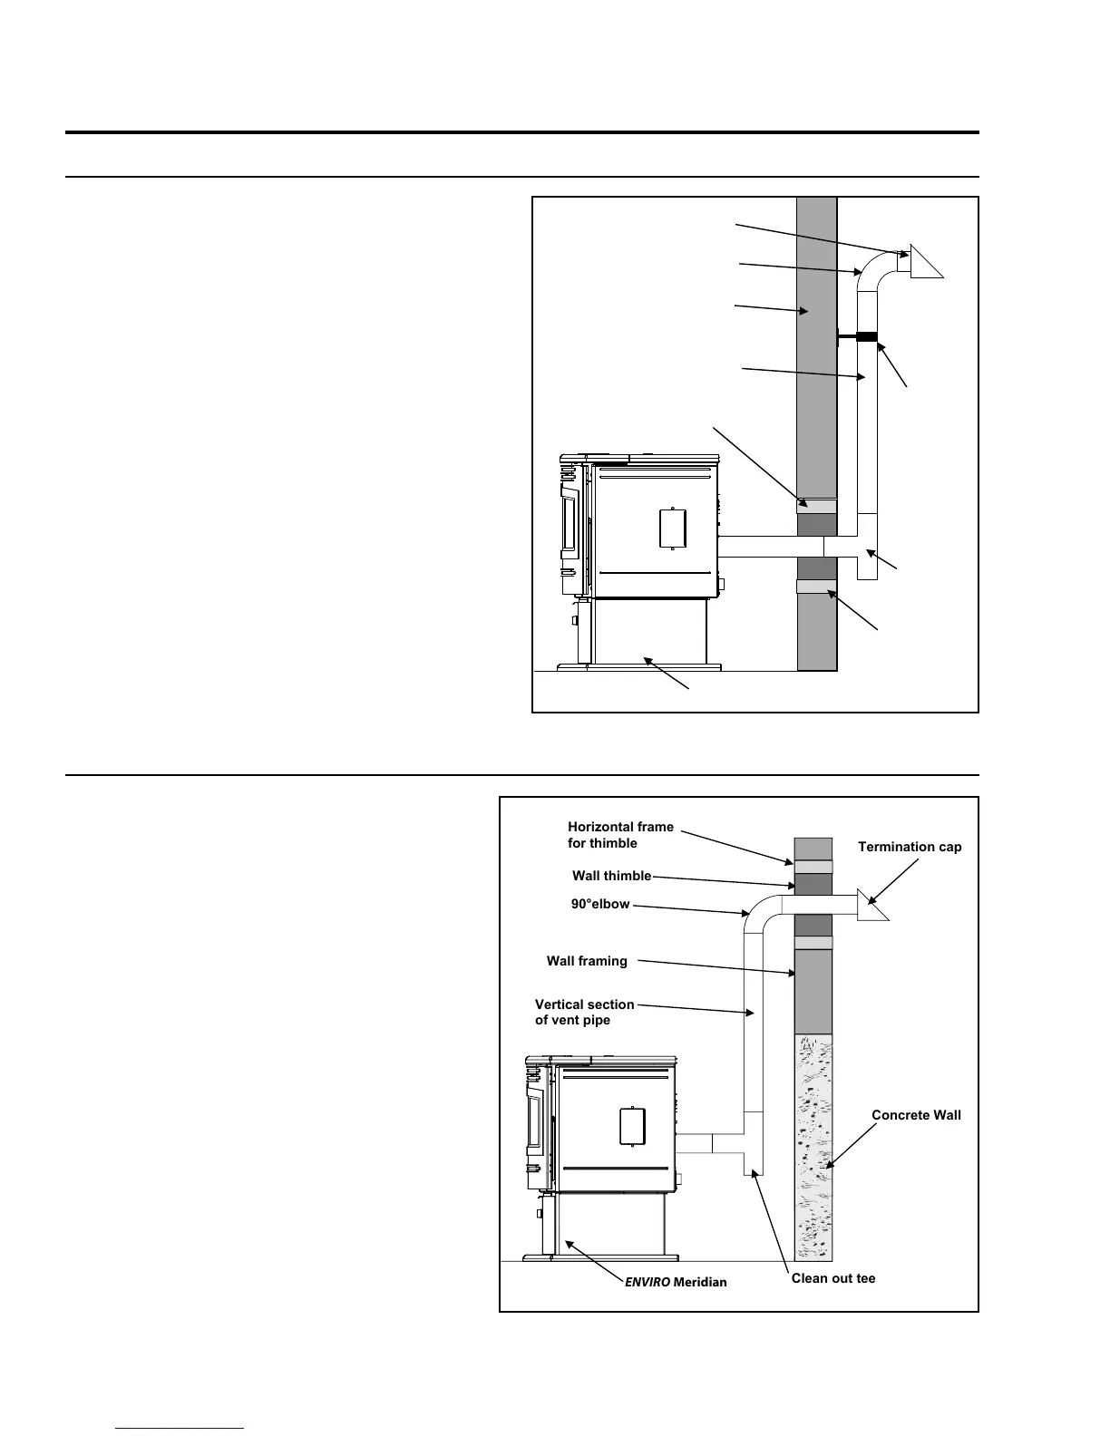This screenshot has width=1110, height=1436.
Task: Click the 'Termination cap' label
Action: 910,847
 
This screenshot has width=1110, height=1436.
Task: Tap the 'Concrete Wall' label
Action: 916,1115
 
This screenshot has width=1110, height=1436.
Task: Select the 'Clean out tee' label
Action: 833,1278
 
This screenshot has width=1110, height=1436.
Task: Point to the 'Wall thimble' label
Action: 611,876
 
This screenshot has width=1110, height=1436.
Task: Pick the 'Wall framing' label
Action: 587,961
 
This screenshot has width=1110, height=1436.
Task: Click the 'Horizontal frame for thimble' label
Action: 620,835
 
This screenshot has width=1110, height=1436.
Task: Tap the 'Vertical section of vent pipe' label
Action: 584,1012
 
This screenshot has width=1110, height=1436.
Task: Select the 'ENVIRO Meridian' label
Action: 676,1282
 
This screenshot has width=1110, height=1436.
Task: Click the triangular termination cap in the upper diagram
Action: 924,261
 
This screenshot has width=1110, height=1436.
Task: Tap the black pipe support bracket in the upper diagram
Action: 866,337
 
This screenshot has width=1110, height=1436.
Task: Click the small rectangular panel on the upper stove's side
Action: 672,529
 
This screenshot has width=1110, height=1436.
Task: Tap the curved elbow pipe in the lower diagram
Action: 761,911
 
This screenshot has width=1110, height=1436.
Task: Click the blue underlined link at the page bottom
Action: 180,1428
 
